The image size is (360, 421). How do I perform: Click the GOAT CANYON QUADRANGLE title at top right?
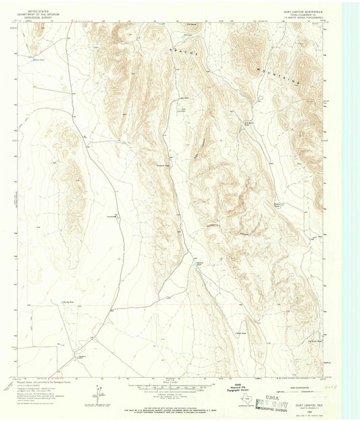[x=303, y=11]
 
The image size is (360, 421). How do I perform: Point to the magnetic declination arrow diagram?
[x=97, y=392]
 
